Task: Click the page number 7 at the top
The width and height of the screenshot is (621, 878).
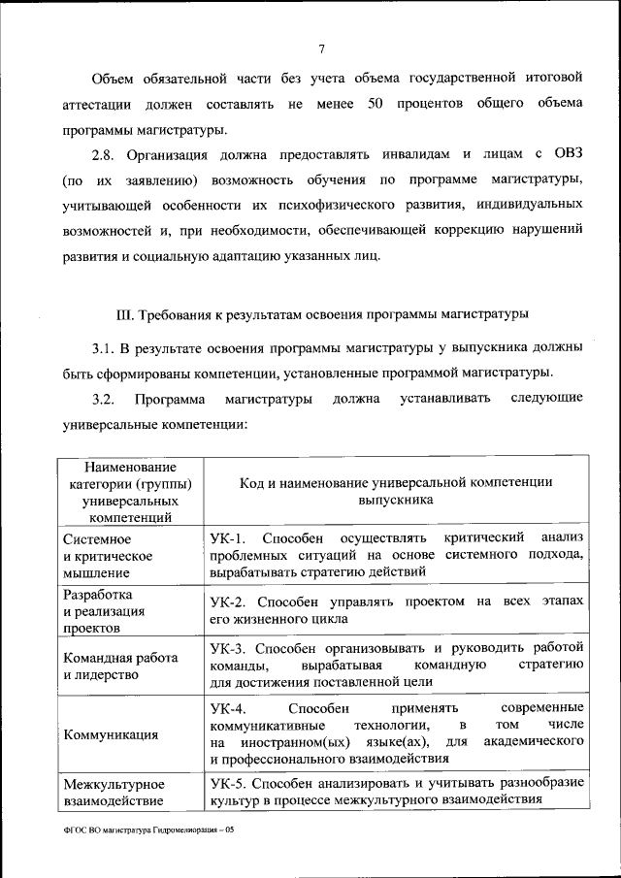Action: coord(320,49)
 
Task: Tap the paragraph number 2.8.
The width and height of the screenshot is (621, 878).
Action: coord(105,154)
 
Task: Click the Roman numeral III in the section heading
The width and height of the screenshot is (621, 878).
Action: coord(121,314)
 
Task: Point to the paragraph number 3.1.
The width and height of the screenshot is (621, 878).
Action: coord(104,348)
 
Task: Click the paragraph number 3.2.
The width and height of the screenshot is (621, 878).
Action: coord(104,399)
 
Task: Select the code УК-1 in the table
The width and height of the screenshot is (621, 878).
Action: coord(229,537)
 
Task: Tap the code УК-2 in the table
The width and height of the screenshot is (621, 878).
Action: coord(229,602)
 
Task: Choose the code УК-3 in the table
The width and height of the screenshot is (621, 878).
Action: coord(229,647)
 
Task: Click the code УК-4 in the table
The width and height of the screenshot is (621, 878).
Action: coord(229,707)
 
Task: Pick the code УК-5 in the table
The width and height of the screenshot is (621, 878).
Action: coord(229,783)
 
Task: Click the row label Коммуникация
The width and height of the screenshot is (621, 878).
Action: coord(110,734)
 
